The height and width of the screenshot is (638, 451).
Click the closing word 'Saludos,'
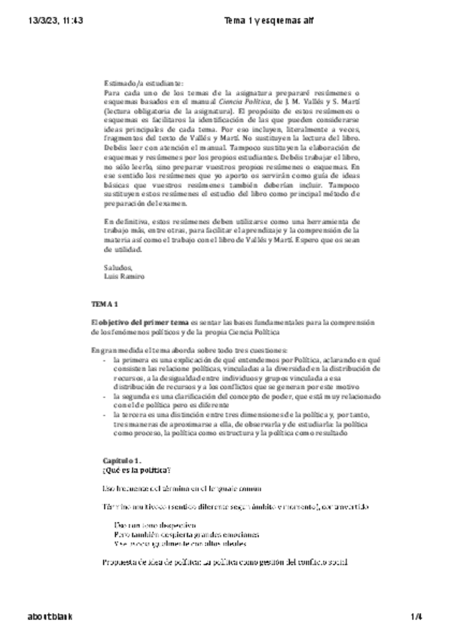(x=118, y=267)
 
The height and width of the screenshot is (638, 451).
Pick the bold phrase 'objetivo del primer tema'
(x=143, y=322)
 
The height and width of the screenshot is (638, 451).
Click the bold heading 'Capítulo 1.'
(x=122, y=459)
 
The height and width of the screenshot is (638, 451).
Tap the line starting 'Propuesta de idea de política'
(x=225, y=562)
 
